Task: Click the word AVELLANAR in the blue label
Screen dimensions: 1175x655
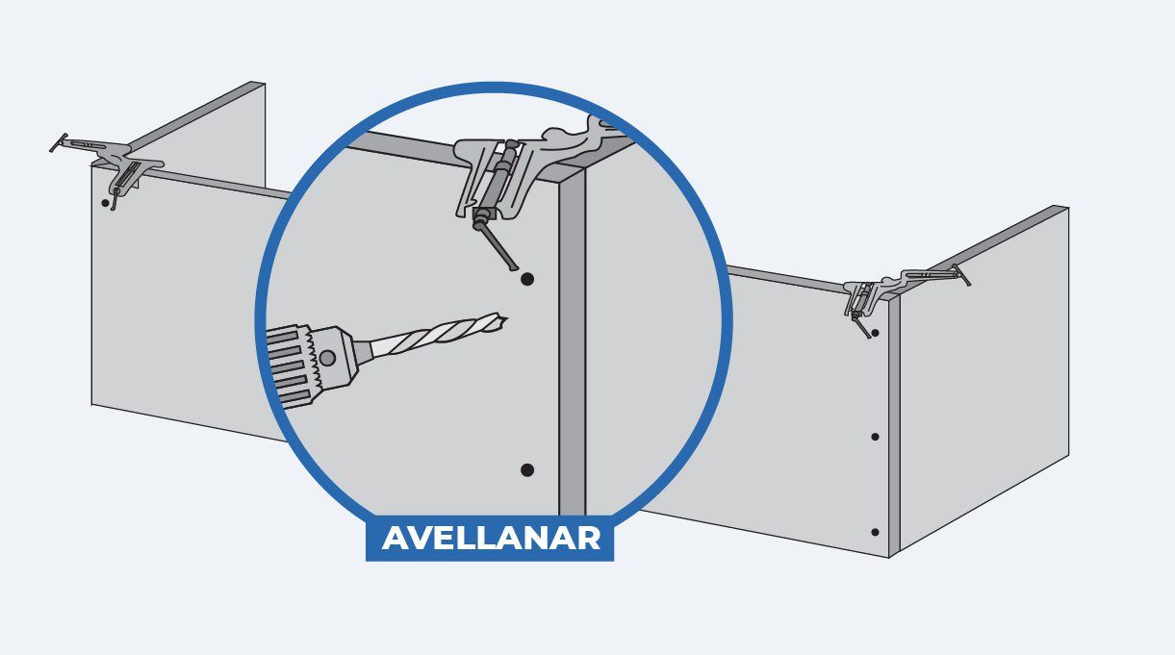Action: pyautogui.click(x=491, y=538)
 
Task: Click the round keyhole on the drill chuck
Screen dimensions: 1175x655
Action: pyautogui.click(x=327, y=358)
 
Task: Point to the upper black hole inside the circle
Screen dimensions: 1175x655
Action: pyautogui.click(x=527, y=279)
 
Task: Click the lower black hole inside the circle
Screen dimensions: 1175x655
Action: pyautogui.click(x=527, y=470)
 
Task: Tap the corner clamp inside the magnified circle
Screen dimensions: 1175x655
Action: pyautogui.click(x=530, y=173)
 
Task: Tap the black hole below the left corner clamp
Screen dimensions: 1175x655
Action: pyautogui.click(x=105, y=202)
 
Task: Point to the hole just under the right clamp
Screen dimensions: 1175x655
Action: pyautogui.click(x=875, y=333)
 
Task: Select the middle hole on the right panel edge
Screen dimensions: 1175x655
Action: pyautogui.click(x=875, y=437)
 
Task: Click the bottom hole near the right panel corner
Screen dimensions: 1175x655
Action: pyautogui.click(x=875, y=532)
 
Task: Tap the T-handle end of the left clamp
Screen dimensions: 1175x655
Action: pyautogui.click(x=59, y=142)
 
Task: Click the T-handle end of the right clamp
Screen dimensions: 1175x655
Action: pyautogui.click(x=962, y=275)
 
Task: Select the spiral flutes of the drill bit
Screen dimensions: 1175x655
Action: pyautogui.click(x=438, y=335)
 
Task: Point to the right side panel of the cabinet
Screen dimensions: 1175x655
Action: pyautogui.click(x=984, y=378)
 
